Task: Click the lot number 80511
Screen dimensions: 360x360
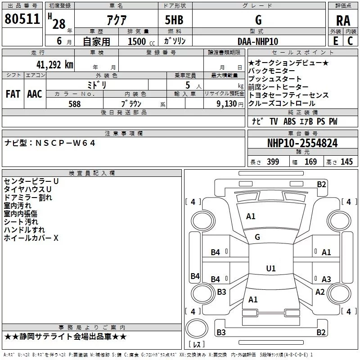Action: point(22,19)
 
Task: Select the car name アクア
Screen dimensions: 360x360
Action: point(117,20)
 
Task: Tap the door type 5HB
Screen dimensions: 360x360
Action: point(174,20)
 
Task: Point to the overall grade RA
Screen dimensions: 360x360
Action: point(343,21)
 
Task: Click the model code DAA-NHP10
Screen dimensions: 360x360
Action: point(258,41)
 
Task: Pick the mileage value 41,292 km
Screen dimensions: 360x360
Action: point(55,65)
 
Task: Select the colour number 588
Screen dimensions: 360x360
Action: point(75,104)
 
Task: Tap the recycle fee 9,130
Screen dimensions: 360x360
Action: point(227,104)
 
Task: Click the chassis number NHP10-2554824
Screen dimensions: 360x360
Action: point(302,143)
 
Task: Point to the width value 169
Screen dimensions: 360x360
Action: point(310,162)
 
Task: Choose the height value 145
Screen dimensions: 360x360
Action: point(346,162)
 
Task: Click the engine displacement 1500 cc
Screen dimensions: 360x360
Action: point(141,41)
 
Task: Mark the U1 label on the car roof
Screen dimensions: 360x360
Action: point(271,268)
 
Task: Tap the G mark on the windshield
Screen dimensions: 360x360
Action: point(257,237)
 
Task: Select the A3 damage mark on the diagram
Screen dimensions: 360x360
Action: point(326,279)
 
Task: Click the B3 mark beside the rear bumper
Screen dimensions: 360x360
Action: point(221,332)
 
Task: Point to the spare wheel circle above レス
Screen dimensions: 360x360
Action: point(197,328)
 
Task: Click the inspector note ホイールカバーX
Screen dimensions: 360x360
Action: point(31,238)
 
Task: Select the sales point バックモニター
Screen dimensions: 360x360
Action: point(271,71)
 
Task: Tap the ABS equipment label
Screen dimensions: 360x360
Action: point(289,121)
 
